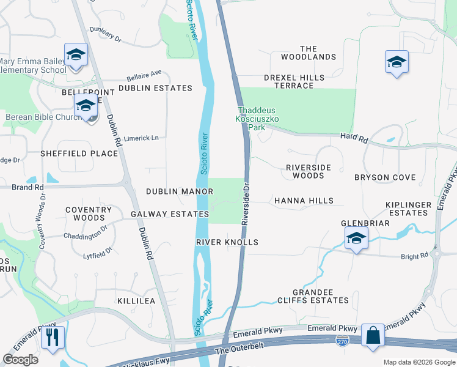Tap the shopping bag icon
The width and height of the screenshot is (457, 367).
(x=373, y=336)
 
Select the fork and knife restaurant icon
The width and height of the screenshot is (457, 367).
(x=53, y=337)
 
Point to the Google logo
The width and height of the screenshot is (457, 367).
(x=20, y=359)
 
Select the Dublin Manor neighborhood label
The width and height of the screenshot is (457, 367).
(x=179, y=191)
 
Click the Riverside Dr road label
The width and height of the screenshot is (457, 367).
(x=246, y=203)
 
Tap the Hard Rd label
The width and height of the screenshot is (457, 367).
(x=354, y=139)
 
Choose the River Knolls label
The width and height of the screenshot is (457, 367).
(x=227, y=242)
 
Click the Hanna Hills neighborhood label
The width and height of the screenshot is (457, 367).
(x=304, y=201)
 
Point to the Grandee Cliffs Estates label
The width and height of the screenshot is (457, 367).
(x=313, y=296)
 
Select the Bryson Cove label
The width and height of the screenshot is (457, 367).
(x=385, y=177)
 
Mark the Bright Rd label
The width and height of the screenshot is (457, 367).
(x=414, y=256)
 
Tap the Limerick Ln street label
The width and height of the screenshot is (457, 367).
(x=141, y=138)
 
